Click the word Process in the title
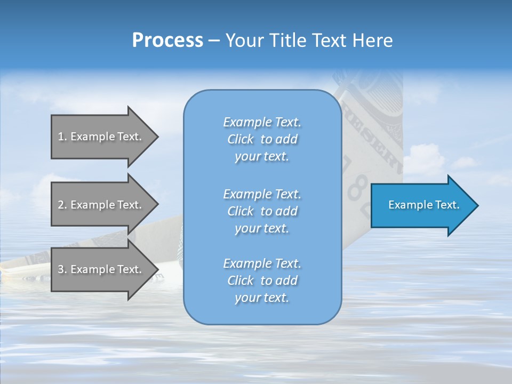(x=167, y=41)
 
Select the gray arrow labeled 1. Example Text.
(x=101, y=137)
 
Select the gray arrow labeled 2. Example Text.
(x=101, y=205)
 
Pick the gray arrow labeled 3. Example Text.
(x=101, y=269)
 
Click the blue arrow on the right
(x=421, y=205)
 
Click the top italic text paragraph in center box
(x=262, y=139)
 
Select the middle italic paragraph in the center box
(x=262, y=211)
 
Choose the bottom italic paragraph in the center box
(x=262, y=281)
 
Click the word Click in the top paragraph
(x=241, y=139)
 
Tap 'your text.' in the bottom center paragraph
(x=262, y=298)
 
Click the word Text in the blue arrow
(x=447, y=205)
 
